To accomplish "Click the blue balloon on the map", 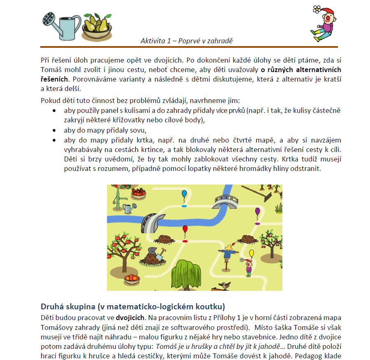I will [x=184, y=194].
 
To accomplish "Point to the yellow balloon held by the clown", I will [x=251, y=254].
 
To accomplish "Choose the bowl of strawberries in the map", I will [x=138, y=191].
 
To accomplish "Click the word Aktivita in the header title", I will [x=152, y=40].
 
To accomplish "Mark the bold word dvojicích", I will [x=130, y=318].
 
